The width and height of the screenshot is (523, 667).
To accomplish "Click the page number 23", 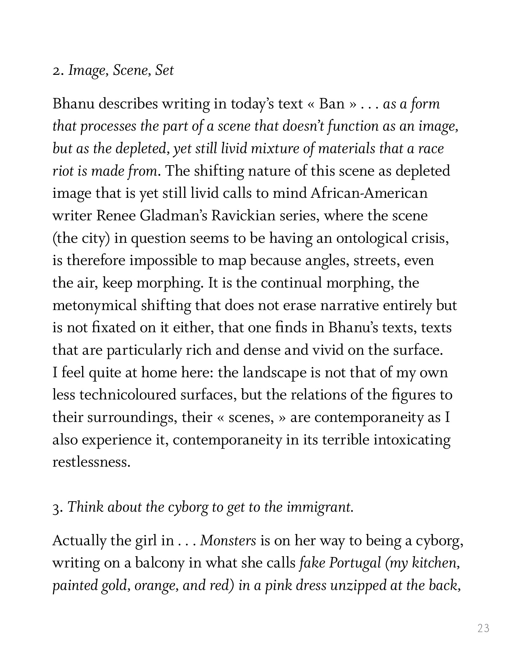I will click(483, 628).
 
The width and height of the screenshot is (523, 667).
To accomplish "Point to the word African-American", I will click(369, 193).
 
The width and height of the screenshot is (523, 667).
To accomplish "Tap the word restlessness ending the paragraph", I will click(91, 462).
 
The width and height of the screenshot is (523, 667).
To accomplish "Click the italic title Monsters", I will click(228, 541).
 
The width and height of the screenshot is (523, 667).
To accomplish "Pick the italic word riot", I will click(61, 171).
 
